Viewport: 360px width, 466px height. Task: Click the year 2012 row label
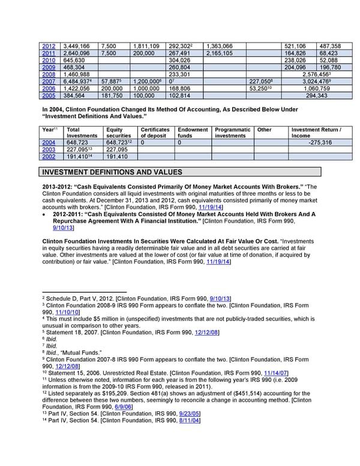point(49,46)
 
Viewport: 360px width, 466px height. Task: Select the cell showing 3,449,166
point(77,46)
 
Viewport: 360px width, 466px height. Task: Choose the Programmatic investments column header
point(233,133)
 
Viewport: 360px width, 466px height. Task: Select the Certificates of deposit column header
point(155,133)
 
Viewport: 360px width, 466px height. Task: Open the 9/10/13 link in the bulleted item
point(64,228)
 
